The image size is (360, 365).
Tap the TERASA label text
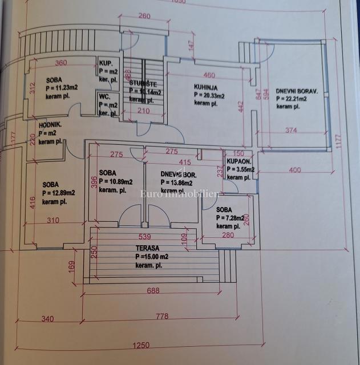(x=148, y=249)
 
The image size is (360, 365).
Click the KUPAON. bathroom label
(x=239, y=163)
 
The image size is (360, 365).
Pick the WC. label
(x=104, y=97)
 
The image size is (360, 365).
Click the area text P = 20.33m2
(x=209, y=96)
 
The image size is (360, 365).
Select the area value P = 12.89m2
(x=59, y=193)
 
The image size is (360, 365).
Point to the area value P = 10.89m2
(x=116, y=182)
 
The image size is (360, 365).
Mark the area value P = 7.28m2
(x=230, y=218)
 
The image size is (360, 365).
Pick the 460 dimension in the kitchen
(x=209, y=75)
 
